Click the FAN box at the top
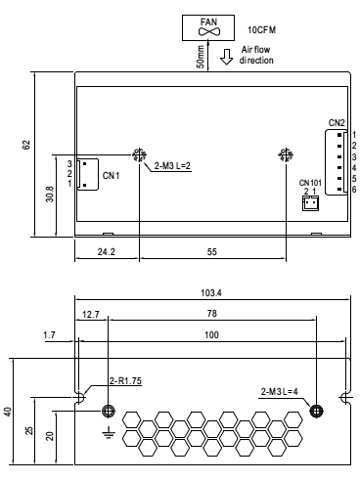(x=208, y=27)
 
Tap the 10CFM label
(x=261, y=30)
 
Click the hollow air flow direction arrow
(x=226, y=57)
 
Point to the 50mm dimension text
(x=201, y=57)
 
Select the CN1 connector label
(x=111, y=176)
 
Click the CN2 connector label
(x=337, y=123)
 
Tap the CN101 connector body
(x=310, y=203)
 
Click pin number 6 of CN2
(x=354, y=190)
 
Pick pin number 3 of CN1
(x=69, y=163)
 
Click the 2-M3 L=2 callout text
(x=172, y=166)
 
